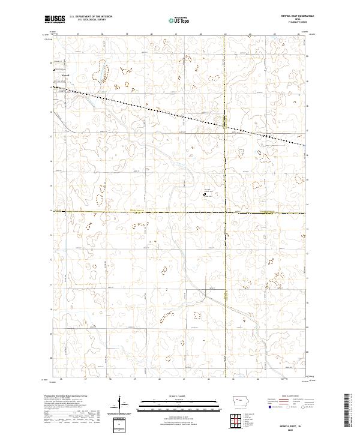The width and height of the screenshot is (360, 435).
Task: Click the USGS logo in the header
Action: pos(55,19)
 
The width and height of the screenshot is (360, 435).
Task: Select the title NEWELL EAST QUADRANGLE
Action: pos(290,16)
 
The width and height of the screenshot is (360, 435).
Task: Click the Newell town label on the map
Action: pos(66,76)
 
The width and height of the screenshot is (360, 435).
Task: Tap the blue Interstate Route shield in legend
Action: pos(271,407)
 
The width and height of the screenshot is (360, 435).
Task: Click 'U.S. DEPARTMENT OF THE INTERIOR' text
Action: pos(91,16)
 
